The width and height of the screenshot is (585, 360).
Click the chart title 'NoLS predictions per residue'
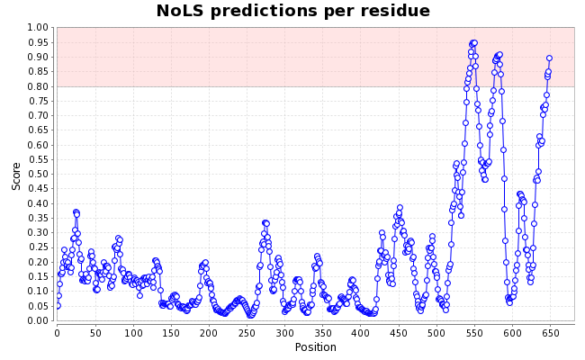point(292,11)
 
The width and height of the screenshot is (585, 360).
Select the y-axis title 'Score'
point(16,175)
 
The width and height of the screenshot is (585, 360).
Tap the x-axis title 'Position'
point(315,347)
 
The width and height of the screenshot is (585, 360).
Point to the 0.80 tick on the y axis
point(37,86)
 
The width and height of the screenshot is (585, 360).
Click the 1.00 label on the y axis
point(37,28)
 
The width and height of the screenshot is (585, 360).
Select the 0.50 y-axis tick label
point(37,175)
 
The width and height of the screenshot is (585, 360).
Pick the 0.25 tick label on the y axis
point(37,247)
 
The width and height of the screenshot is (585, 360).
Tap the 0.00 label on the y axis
point(37,321)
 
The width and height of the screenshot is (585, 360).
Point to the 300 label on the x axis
point(284,333)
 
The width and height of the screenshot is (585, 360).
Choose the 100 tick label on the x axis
point(133,333)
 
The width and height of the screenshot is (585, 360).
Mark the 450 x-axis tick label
point(398,333)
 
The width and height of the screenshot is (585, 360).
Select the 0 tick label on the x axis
point(57,333)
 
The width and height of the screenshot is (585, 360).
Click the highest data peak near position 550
point(473,42)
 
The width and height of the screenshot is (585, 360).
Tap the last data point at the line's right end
point(549,58)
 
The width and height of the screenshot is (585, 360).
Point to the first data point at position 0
point(58,306)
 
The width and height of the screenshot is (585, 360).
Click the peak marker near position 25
point(76,212)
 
